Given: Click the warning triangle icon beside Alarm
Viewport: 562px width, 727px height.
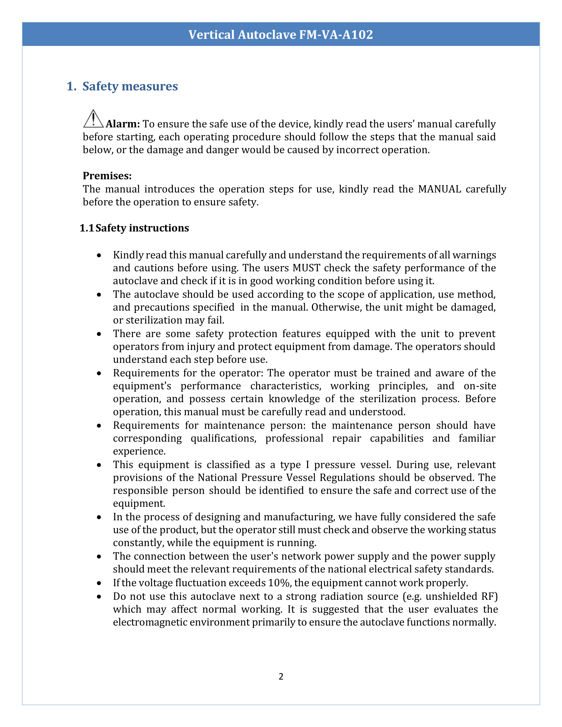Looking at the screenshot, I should (x=93, y=119).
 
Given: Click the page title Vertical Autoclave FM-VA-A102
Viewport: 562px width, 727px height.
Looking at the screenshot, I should (x=281, y=35).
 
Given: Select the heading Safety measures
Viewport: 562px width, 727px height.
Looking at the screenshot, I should (x=130, y=86).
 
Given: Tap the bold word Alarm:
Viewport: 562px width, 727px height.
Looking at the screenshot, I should (x=123, y=124).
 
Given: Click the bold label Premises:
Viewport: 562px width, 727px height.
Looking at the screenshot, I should (x=107, y=176).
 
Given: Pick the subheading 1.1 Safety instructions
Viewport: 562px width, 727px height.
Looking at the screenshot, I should (x=134, y=228).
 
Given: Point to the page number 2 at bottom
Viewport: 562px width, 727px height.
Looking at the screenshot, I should (x=281, y=676).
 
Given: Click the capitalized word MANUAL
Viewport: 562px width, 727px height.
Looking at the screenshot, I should (x=439, y=189).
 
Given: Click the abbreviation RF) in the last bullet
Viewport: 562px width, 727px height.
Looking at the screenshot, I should (x=489, y=596).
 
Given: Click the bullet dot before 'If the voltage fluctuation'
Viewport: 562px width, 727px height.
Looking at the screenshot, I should (x=99, y=583).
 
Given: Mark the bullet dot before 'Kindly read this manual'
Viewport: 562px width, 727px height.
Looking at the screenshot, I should (x=99, y=255).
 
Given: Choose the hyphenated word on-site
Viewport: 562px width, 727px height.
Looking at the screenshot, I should (x=479, y=386).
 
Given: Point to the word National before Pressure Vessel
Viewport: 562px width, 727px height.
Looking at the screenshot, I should (x=218, y=478).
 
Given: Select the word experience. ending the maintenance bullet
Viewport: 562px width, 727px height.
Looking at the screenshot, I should (x=139, y=451).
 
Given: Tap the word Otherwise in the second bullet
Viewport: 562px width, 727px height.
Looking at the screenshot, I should (x=336, y=307).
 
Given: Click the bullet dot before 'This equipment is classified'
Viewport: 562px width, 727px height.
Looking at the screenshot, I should (x=99, y=465).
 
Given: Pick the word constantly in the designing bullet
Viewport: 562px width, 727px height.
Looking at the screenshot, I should (x=138, y=543).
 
